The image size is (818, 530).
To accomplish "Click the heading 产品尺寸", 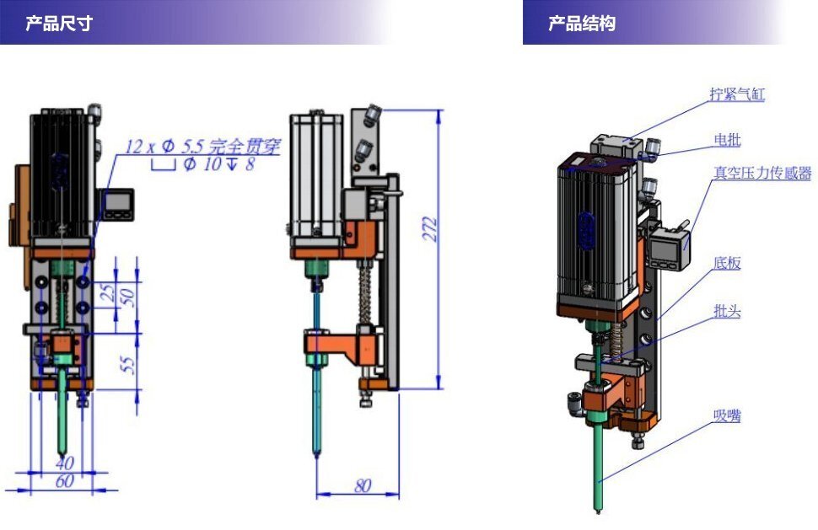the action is tap(59, 24).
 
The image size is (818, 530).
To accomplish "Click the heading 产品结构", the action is tap(582, 24).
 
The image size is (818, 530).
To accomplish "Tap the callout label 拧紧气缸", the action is tap(737, 94).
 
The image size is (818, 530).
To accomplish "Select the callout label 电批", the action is tap(727, 140).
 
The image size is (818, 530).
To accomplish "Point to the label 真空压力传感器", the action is tap(762, 173).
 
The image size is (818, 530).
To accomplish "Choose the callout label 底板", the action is tap(727, 263).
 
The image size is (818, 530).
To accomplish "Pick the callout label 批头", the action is tap(727, 311).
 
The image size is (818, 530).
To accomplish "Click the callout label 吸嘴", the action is tap(727, 416).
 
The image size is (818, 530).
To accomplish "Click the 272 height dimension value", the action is tap(430, 228).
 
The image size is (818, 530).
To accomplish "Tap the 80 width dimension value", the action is tap(362, 485).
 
